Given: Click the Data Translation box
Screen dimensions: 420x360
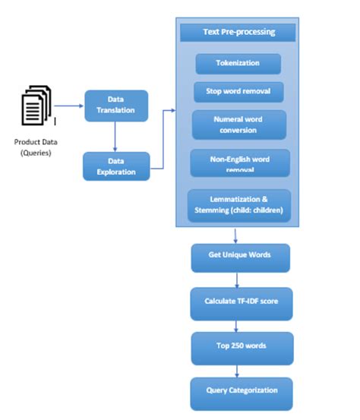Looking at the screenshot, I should pos(115,106).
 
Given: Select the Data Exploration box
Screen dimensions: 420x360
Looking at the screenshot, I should pos(115,166).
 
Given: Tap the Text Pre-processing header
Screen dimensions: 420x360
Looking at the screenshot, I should pos(238,33).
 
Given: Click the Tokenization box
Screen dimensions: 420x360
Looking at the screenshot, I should pos(238,64).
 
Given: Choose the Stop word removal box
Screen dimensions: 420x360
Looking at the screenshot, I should pos(238,92).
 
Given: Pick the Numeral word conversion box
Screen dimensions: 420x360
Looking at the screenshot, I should pos(238,125).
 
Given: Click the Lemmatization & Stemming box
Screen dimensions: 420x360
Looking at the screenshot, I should pos(238,205).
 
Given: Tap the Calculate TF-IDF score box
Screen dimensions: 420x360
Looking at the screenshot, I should pos(240,302).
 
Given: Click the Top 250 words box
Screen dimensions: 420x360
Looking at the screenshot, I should pos(240,346).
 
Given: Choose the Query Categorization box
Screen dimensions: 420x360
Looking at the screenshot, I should pos(240,392).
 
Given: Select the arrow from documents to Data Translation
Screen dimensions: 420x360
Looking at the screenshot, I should pos(69,106).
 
